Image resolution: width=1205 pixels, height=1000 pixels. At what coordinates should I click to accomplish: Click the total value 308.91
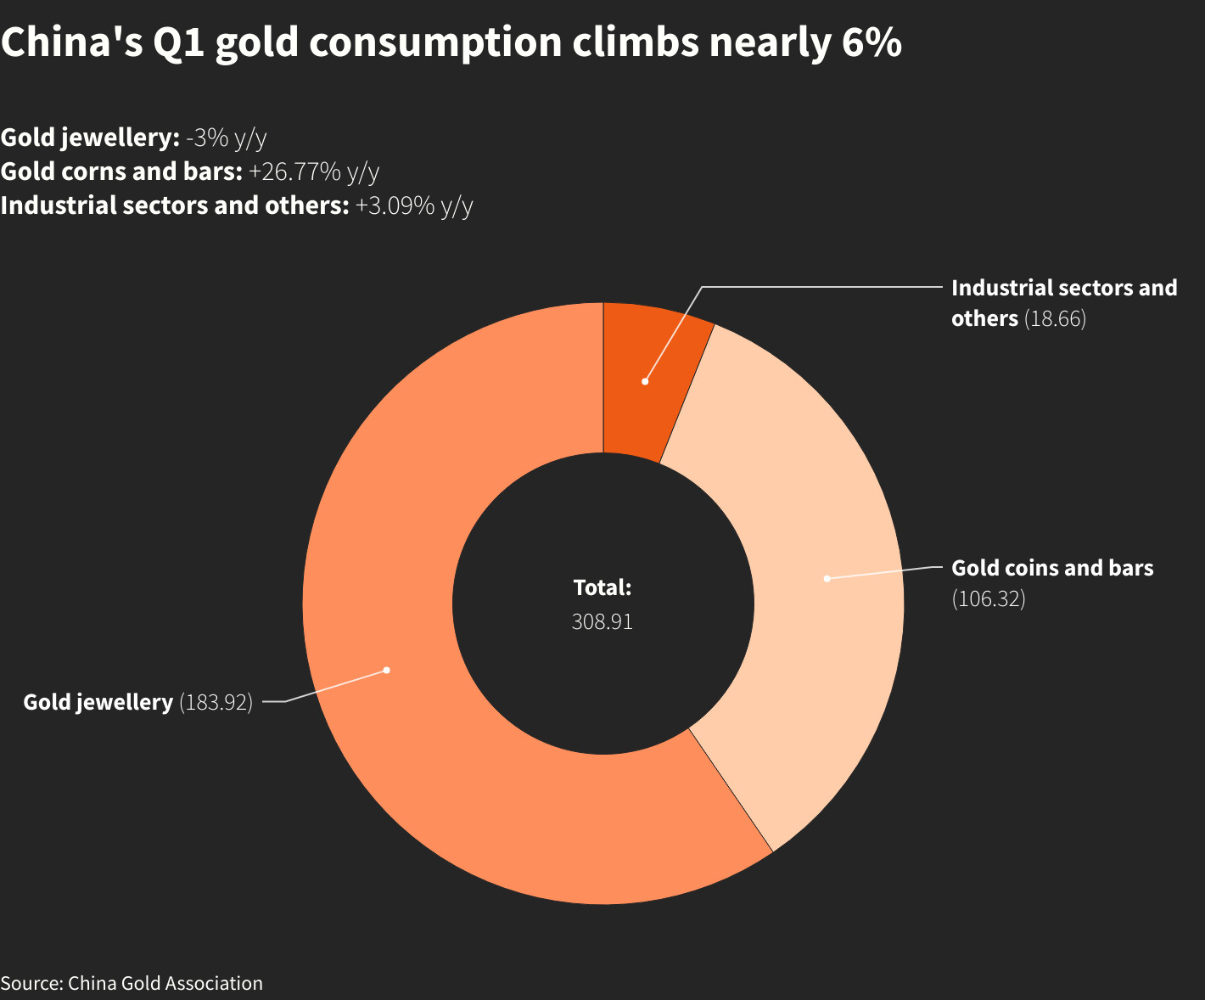(x=602, y=621)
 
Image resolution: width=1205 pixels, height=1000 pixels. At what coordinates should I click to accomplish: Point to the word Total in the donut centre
(x=602, y=587)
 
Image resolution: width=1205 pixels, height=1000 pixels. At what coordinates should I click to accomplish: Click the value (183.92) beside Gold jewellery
(x=216, y=703)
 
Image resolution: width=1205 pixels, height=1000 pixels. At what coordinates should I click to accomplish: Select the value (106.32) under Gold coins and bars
(x=989, y=598)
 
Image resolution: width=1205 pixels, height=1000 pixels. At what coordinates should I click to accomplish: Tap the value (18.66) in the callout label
(x=1055, y=318)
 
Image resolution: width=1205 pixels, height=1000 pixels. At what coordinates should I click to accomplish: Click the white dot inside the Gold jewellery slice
(x=386, y=670)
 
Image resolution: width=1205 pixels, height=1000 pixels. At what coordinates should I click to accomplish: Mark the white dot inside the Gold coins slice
(x=827, y=578)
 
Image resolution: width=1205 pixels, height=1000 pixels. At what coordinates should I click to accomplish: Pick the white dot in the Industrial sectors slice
(x=645, y=381)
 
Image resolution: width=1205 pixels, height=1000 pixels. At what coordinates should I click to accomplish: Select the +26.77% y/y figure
(x=314, y=171)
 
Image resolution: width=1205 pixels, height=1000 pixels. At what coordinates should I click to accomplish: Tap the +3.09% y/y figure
(x=413, y=205)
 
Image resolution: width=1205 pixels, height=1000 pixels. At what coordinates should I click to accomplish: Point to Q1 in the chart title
(x=179, y=42)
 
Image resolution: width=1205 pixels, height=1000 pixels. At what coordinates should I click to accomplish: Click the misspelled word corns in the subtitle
(x=90, y=171)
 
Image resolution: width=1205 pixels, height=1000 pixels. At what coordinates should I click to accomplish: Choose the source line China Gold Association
(x=165, y=983)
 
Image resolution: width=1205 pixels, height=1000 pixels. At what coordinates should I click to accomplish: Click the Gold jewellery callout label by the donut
(x=98, y=703)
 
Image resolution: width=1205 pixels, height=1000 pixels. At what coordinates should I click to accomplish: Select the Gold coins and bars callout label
(x=1052, y=568)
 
